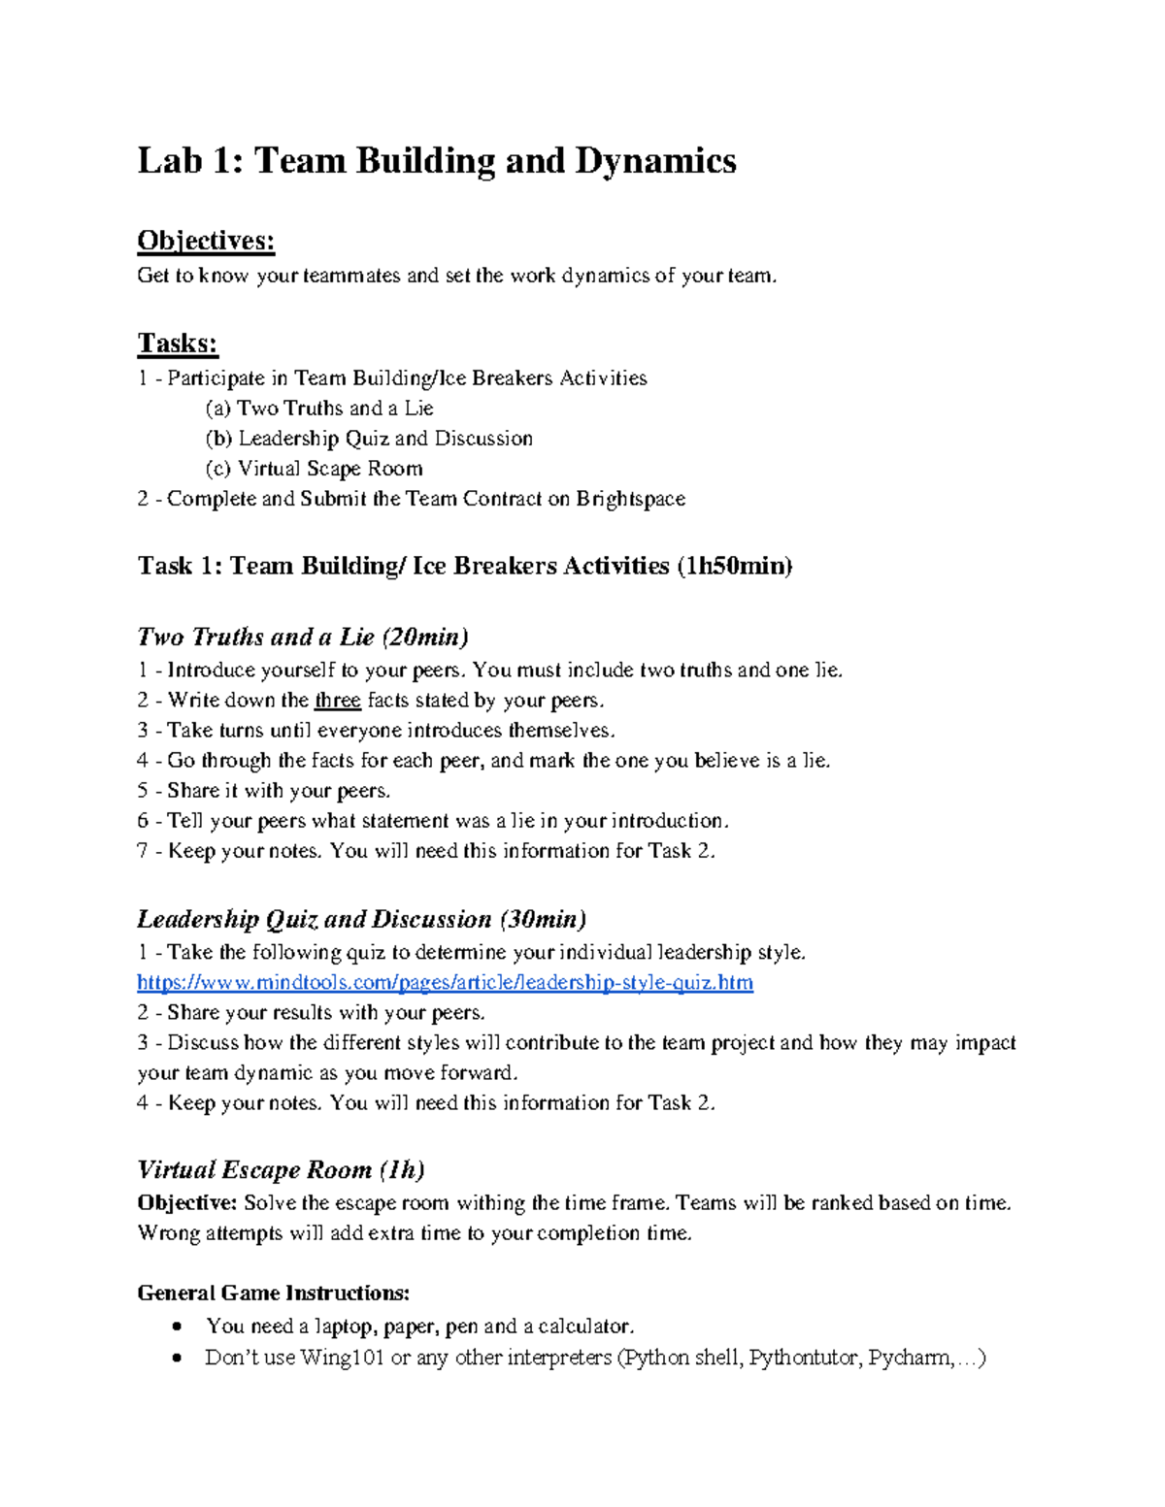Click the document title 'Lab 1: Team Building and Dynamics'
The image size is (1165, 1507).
(437, 160)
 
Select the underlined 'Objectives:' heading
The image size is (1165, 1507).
(206, 241)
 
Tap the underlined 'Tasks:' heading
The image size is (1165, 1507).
(178, 344)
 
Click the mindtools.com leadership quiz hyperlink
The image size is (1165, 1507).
(445, 982)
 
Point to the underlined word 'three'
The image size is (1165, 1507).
(338, 701)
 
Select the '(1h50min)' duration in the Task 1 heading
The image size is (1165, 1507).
(735, 566)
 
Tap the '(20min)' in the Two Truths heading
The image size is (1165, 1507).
(425, 637)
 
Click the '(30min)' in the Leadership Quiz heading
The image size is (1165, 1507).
(543, 919)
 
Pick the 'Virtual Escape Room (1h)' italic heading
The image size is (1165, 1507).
(282, 1169)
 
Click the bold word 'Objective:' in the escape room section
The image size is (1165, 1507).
(186, 1203)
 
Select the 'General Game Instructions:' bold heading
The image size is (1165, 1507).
(274, 1293)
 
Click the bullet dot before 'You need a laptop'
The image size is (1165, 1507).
(176, 1327)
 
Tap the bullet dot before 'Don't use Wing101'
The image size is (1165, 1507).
(176, 1358)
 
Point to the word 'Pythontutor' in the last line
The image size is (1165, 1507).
(805, 1358)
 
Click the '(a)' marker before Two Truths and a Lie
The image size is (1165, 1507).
(218, 409)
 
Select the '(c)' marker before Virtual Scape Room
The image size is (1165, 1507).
(218, 469)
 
